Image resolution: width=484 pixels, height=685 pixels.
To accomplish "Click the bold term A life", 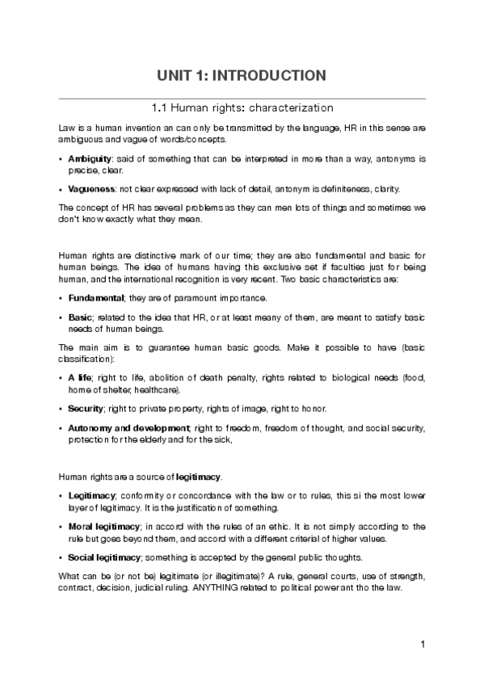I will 80,378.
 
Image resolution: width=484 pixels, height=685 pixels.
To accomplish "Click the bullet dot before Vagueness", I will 62,190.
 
